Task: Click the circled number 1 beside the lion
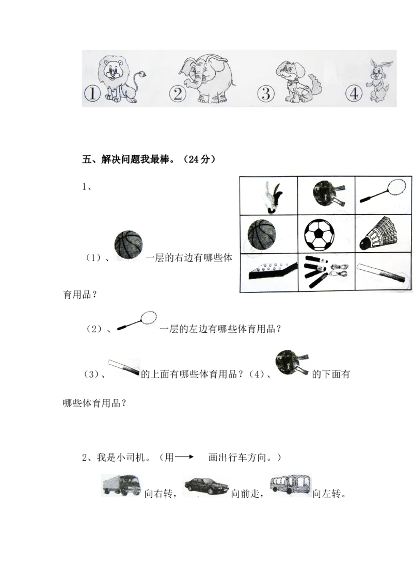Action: pos(91,94)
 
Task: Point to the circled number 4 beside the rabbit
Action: pos(354,94)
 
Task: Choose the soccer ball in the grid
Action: pos(320,235)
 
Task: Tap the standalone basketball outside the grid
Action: pos(130,245)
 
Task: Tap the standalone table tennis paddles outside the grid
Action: pos(292,363)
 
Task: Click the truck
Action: pos(121,484)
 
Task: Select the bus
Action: pos(291,484)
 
